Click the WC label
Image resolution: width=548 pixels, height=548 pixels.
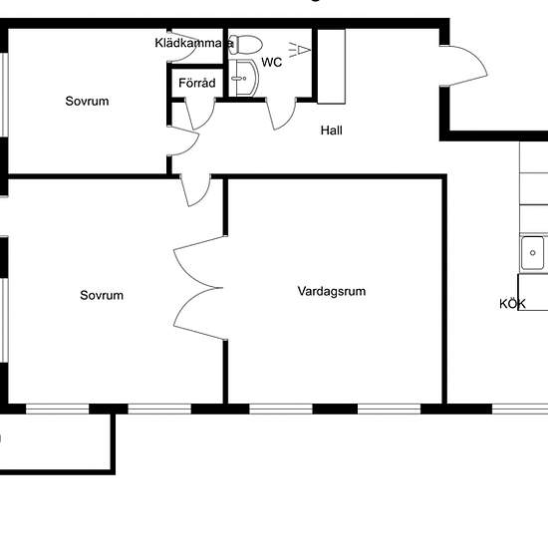click(272, 62)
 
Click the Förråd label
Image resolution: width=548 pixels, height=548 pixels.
click(196, 83)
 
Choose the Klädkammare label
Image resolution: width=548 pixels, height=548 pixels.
click(194, 43)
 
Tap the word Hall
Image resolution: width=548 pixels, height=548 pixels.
click(332, 130)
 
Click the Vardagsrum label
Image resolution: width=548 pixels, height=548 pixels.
click(332, 292)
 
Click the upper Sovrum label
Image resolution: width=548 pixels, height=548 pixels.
click(87, 101)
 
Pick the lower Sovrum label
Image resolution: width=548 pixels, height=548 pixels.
click(102, 295)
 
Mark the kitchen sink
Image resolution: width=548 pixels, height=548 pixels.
click(534, 253)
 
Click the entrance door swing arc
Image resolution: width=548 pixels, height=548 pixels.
click(466, 73)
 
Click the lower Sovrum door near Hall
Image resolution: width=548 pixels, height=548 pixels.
click(196, 189)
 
